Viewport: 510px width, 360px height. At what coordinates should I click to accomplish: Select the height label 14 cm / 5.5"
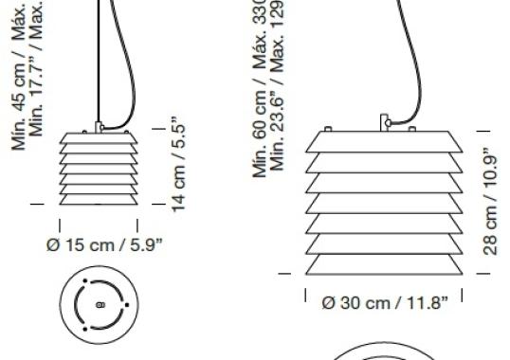tap(176, 163)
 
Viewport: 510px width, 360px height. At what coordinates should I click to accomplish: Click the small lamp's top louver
tap(99, 138)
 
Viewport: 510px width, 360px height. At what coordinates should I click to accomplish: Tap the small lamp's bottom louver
tap(99, 195)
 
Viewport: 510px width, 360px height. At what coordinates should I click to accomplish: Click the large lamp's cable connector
tap(386, 122)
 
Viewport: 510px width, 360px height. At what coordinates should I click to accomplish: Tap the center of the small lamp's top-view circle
tap(100, 305)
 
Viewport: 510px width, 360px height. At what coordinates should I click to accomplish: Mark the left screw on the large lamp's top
tap(329, 128)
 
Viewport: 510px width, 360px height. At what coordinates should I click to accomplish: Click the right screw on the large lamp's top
tap(444, 128)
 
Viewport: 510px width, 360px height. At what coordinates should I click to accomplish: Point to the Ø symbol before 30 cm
tap(328, 303)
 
